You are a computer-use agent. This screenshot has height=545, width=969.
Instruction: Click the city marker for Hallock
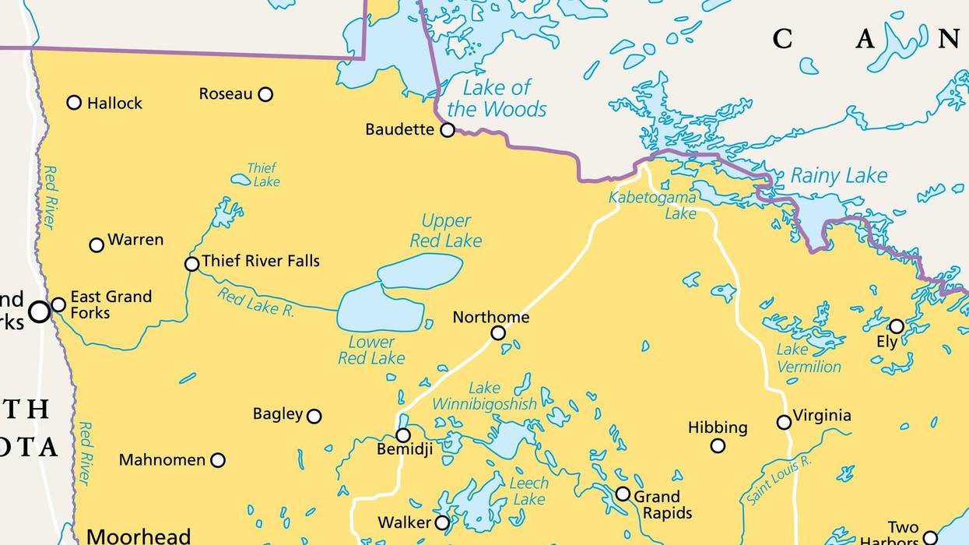coord(74,102)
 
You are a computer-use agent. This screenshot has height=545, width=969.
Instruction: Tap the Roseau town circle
coord(265,94)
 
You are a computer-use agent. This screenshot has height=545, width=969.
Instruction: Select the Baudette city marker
coord(448,130)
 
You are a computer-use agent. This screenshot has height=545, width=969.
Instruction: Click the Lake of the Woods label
coord(497,98)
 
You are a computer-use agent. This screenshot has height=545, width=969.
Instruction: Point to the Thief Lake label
coord(262,174)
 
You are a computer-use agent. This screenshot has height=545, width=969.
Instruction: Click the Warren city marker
coord(97,245)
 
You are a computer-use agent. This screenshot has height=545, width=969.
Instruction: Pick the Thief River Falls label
coord(261,261)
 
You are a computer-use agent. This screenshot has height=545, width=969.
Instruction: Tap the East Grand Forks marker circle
coord(58,304)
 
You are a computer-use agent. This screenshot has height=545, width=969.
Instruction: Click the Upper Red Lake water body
coord(420,271)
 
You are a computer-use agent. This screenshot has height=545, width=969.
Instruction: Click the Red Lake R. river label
coord(255,303)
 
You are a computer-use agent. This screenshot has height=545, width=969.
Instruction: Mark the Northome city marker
coord(498,333)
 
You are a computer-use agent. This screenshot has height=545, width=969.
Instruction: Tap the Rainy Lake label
coord(839,176)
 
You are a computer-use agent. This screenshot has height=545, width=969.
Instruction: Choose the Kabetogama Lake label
coord(652,205)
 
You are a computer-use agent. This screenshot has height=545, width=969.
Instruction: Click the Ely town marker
coord(897,326)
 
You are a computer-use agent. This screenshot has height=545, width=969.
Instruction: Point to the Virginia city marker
coord(784,422)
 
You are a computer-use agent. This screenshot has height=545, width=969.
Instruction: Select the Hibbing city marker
coord(718,446)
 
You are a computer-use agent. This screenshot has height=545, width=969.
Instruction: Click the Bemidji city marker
coord(403,435)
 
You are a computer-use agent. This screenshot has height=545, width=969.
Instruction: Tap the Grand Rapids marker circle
coord(623,494)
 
